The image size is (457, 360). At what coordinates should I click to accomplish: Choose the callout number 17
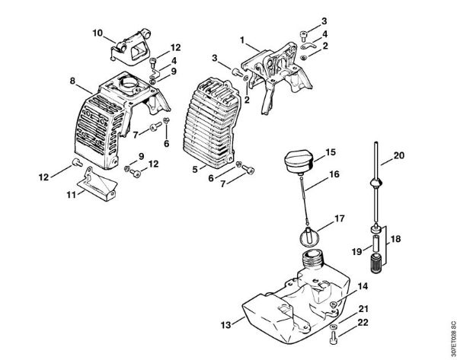point(340,218)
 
